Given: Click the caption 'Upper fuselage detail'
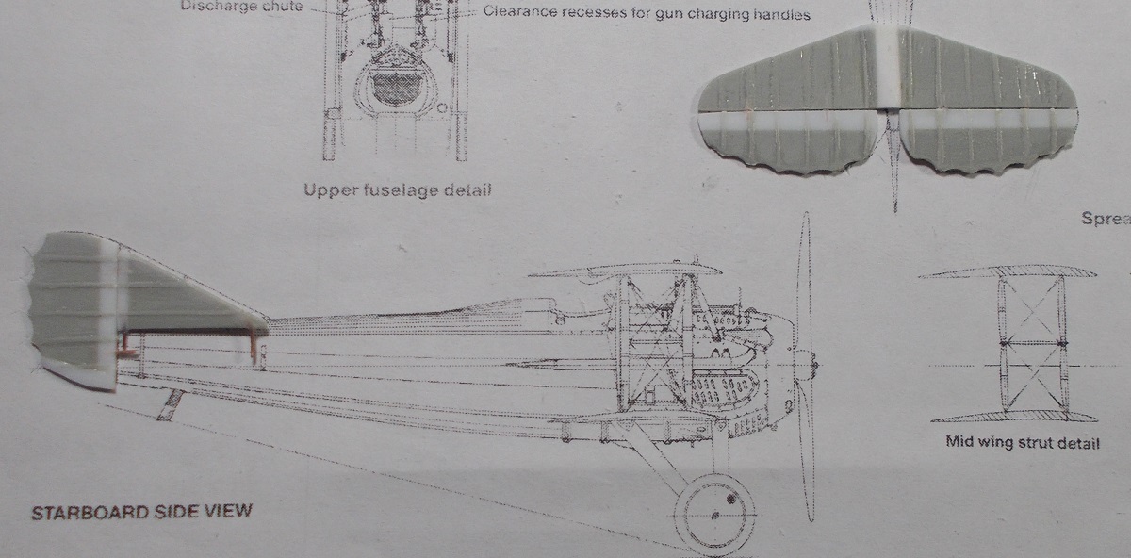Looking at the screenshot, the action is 397,190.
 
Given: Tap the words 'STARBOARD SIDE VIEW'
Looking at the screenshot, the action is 141,514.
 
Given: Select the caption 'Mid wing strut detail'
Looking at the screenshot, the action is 1022,443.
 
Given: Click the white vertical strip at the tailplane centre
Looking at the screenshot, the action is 890,66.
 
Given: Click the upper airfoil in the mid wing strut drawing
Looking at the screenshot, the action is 1008,272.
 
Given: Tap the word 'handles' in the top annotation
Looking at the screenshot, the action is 779,14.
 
